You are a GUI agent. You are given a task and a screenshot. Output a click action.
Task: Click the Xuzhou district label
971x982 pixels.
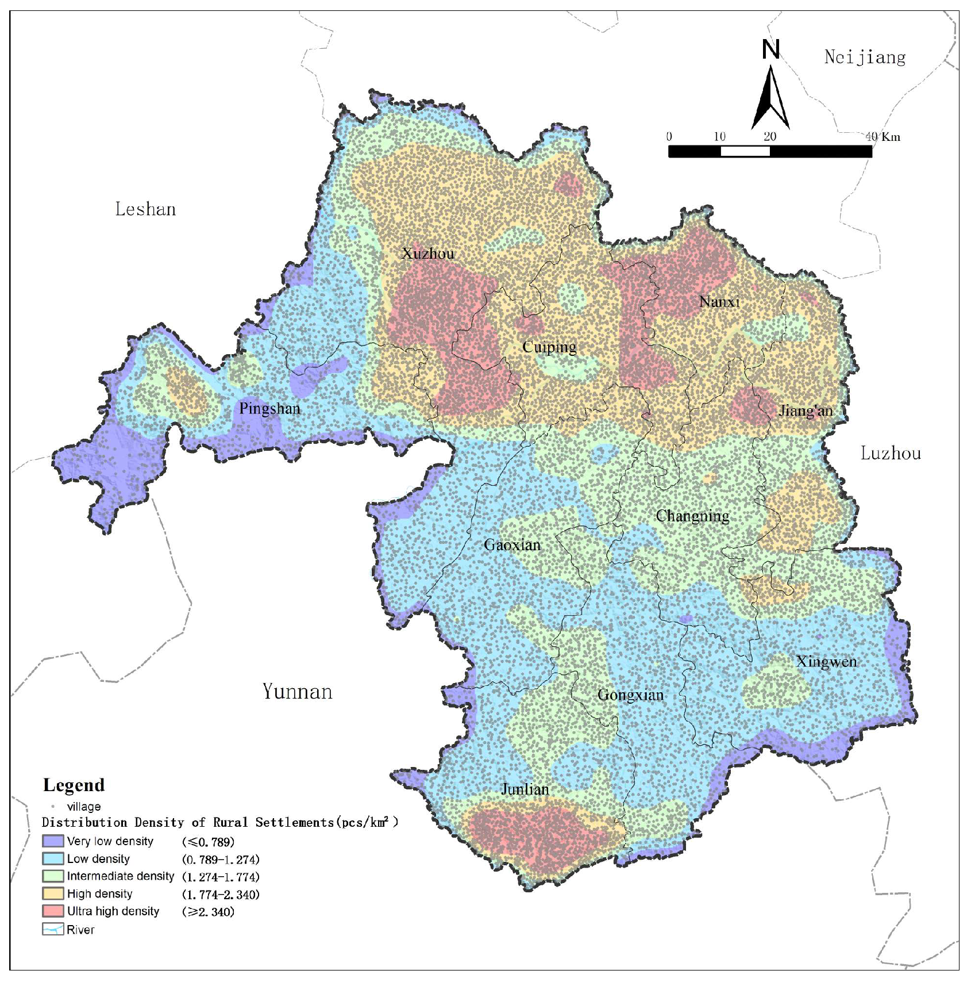click(428, 254)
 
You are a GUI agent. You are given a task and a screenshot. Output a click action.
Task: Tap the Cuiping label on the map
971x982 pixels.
click(549, 347)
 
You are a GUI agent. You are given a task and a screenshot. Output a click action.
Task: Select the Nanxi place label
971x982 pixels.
click(719, 301)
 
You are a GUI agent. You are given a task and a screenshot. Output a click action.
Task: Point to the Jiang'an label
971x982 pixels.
click(805, 411)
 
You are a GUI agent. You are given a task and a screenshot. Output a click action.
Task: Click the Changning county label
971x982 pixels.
click(692, 516)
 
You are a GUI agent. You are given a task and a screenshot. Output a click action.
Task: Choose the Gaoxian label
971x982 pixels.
click(512, 544)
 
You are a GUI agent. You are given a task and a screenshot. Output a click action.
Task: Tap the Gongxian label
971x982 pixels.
click(630, 695)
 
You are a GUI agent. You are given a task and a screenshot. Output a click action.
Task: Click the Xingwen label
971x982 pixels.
click(826, 662)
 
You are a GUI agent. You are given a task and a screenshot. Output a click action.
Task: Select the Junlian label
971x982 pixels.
click(525, 789)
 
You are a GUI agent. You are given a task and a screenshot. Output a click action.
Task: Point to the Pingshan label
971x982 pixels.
click(269, 409)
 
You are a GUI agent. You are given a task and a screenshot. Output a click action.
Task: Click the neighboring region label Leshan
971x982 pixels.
click(145, 209)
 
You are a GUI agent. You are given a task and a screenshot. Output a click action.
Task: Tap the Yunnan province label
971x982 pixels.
click(297, 691)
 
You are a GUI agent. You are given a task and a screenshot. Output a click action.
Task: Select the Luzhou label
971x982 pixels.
click(890, 453)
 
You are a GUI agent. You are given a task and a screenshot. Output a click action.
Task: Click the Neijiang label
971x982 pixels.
click(865, 57)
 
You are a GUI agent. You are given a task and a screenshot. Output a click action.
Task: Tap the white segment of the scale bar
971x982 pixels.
click(745, 151)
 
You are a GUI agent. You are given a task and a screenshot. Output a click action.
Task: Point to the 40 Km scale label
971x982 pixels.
click(883, 137)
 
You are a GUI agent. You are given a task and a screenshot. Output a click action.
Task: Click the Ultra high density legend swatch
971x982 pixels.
click(53, 911)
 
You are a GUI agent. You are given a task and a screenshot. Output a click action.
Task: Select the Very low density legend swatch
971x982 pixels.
click(53, 841)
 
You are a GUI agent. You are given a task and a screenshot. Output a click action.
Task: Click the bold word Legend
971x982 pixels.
click(74, 785)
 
